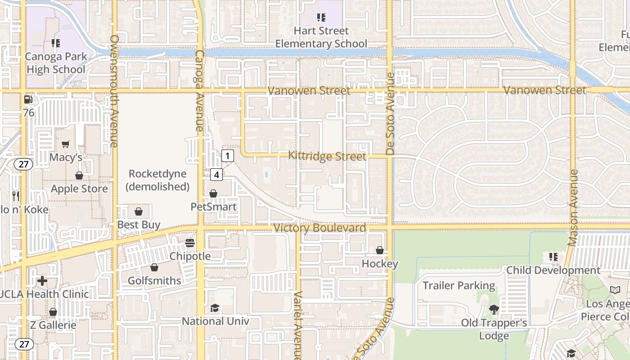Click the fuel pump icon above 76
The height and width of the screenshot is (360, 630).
coord(28,99)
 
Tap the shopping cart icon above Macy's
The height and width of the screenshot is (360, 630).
coord(66,144)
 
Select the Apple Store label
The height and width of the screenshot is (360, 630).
coord(79,189)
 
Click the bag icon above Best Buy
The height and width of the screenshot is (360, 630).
coord(139,211)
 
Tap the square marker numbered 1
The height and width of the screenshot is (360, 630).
coord(228,156)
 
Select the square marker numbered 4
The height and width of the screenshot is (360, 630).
coord(216,175)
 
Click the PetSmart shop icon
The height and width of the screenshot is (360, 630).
coord(213,193)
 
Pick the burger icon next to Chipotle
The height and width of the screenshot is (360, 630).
coord(190,243)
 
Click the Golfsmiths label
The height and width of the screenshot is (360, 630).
coord(154,280)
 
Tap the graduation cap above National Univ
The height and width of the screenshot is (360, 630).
coord(215,308)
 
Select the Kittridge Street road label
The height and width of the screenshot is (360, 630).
coord(327,156)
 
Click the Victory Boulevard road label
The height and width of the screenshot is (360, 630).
coord(319,228)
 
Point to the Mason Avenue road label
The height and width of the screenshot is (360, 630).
coord(573,208)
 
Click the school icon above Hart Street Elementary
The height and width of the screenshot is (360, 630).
coord(321,18)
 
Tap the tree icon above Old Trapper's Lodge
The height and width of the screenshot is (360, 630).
coord(494,310)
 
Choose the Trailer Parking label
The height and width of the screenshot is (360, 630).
coord(459,285)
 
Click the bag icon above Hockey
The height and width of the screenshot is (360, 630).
coord(380,250)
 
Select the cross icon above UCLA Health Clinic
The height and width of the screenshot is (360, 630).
coord(42,281)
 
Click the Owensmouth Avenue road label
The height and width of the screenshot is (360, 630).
coord(114,91)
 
